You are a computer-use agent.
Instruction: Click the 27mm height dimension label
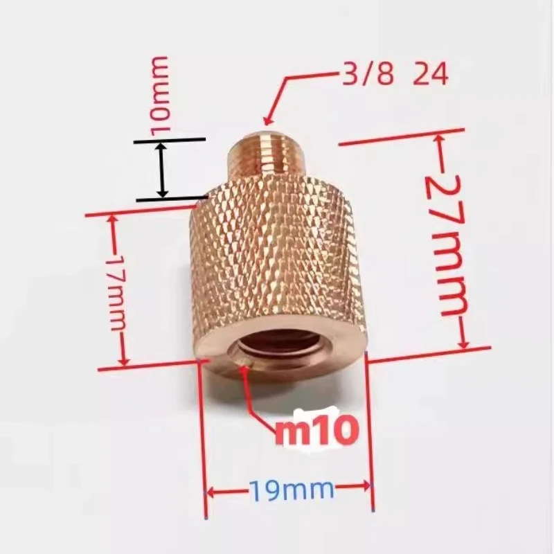click(443, 242)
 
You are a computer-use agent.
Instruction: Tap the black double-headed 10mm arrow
click(161, 170)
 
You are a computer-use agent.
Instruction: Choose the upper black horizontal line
click(170, 141)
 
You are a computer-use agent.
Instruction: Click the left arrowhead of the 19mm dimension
click(212, 493)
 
